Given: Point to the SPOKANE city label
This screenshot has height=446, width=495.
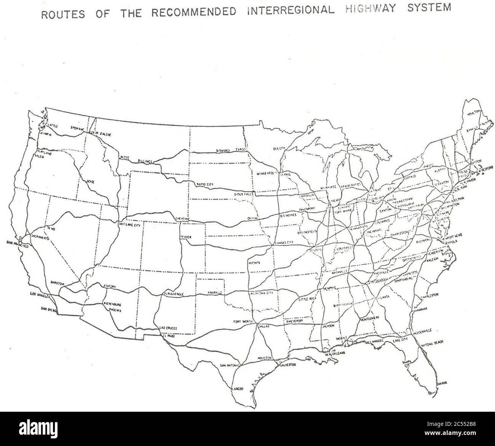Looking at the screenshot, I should click(x=77, y=128).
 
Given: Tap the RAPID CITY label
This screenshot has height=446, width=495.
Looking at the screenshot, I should click(x=205, y=184).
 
